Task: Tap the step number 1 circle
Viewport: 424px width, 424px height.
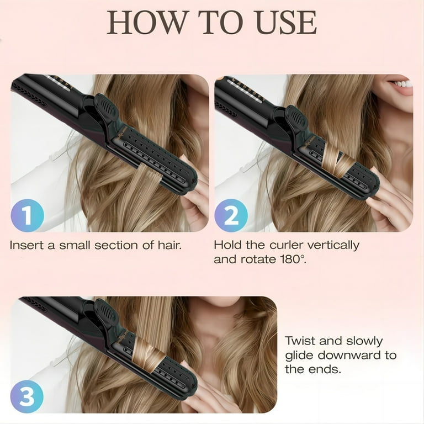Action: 27,215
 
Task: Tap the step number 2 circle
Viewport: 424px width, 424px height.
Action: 231,215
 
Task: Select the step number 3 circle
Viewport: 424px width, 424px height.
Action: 27,396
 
